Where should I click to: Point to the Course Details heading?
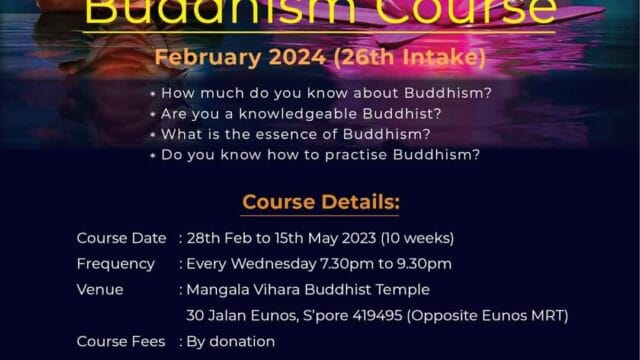coord(320,203)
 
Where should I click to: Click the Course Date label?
coord(120,238)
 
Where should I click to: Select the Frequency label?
coord(116,264)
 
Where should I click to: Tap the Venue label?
coord(100,290)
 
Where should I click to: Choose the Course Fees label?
coord(120,342)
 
